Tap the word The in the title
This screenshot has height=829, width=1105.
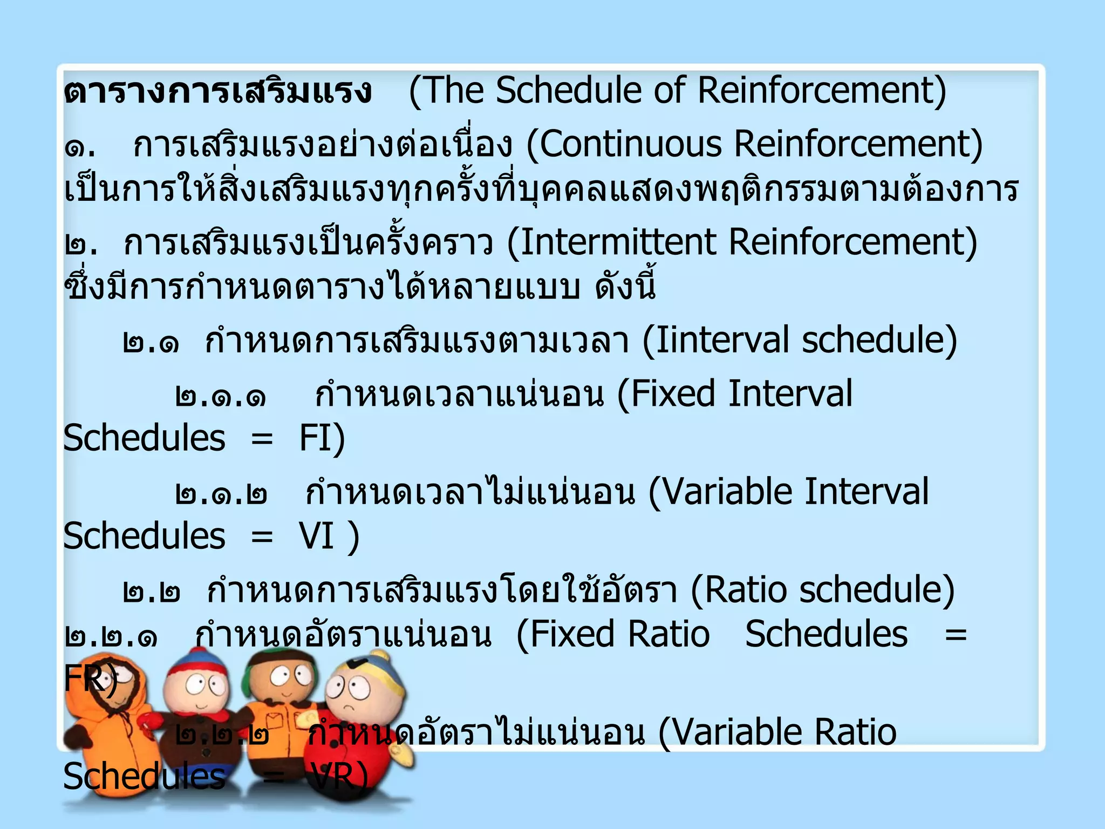453,90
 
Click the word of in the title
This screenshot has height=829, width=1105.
670,90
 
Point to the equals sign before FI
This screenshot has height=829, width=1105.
262,439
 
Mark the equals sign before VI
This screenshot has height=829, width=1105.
262,537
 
